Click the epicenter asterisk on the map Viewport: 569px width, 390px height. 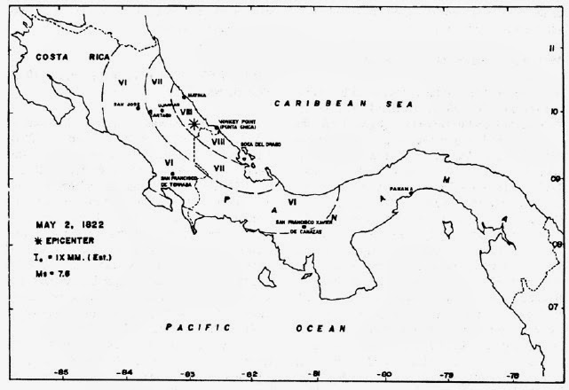click(x=194, y=124)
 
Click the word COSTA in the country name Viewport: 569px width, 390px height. click(x=52, y=57)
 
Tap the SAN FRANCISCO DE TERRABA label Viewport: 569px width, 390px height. click(x=176, y=180)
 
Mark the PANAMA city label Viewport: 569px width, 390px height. click(x=402, y=188)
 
